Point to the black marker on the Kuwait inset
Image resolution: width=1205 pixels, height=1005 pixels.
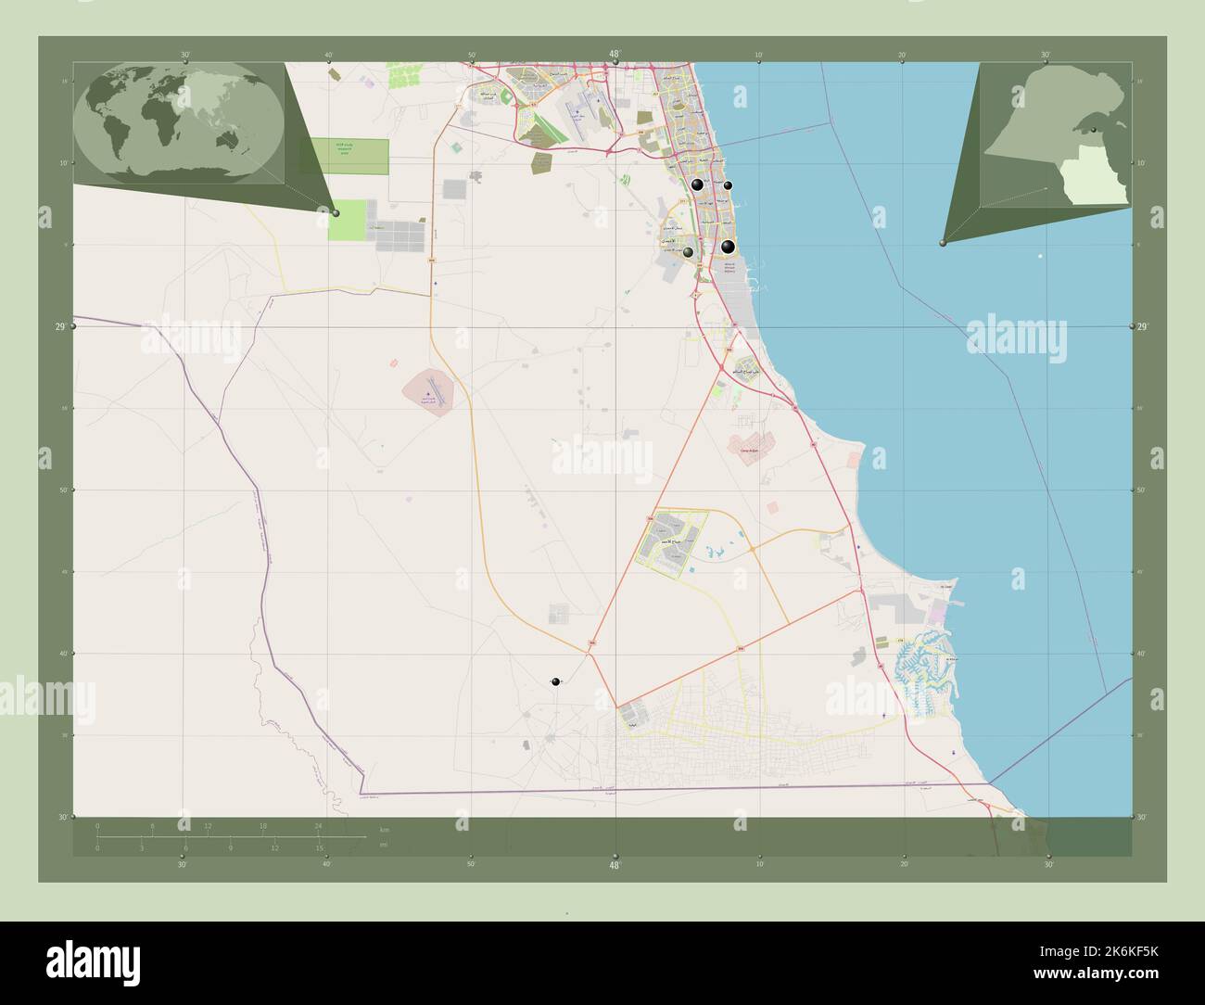(1094, 132)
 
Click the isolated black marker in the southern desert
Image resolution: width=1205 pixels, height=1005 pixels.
(555, 682)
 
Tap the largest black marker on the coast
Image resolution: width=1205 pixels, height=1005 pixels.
(729, 247)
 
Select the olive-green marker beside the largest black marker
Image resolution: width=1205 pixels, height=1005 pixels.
(688, 251)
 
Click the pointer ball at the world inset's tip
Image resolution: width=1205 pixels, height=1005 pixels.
(336, 213)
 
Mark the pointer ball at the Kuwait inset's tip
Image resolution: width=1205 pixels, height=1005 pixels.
(942, 243)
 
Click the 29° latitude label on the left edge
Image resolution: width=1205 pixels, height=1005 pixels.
(59, 327)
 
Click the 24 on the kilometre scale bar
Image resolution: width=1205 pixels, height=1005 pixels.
(318, 825)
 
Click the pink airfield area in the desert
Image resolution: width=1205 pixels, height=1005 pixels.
(431, 390)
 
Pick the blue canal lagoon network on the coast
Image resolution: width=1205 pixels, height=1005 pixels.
(927, 672)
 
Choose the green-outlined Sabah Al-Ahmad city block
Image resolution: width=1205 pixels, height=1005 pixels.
(671, 544)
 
